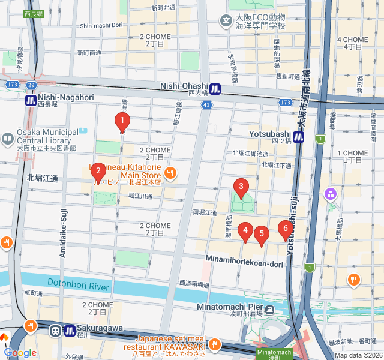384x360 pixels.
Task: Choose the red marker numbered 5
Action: [x=261, y=235]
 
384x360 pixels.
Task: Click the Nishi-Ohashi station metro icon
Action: [x=215, y=89]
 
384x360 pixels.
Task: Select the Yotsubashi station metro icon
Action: [x=299, y=137]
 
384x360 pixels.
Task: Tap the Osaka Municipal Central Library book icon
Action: [x=8, y=139]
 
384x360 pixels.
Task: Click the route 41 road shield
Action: [x=206, y=105]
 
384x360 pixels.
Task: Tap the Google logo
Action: [x=20, y=353]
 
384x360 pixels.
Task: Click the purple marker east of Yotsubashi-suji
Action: [x=330, y=194]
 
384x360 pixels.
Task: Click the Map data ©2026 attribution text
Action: [x=357, y=355]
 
